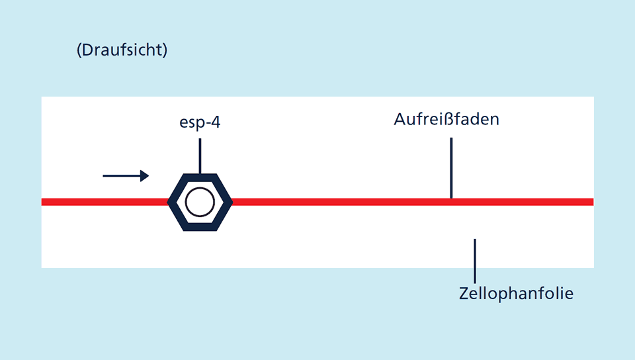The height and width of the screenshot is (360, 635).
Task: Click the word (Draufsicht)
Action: click(122, 50)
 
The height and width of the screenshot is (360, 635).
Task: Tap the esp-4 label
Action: click(200, 122)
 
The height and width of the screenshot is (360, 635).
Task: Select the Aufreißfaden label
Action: click(446, 119)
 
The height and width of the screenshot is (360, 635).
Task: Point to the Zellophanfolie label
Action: click(516, 293)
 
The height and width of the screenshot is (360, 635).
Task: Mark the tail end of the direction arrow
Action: click(103, 176)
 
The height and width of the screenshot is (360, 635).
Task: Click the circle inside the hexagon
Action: click(200, 202)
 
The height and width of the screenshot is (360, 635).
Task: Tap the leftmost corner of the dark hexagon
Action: click(167, 202)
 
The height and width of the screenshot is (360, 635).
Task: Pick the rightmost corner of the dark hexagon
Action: click(232, 202)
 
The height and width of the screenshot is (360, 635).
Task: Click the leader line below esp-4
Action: click(200, 156)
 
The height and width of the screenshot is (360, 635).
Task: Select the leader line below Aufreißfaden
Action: click(451, 168)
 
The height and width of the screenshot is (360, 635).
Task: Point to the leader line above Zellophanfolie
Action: click(475, 261)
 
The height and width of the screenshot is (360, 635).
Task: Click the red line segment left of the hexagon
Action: click(105, 202)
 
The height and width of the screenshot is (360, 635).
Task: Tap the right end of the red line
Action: click(593, 202)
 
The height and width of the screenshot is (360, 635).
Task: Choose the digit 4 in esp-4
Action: click(216, 122)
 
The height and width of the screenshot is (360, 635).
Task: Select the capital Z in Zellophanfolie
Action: click(464, 293)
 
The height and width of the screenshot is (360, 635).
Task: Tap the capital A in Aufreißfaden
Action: click(400, 120)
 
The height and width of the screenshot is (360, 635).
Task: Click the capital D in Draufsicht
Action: click(87, 50)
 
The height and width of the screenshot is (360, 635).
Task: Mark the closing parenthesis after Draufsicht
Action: click(165, 50)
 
